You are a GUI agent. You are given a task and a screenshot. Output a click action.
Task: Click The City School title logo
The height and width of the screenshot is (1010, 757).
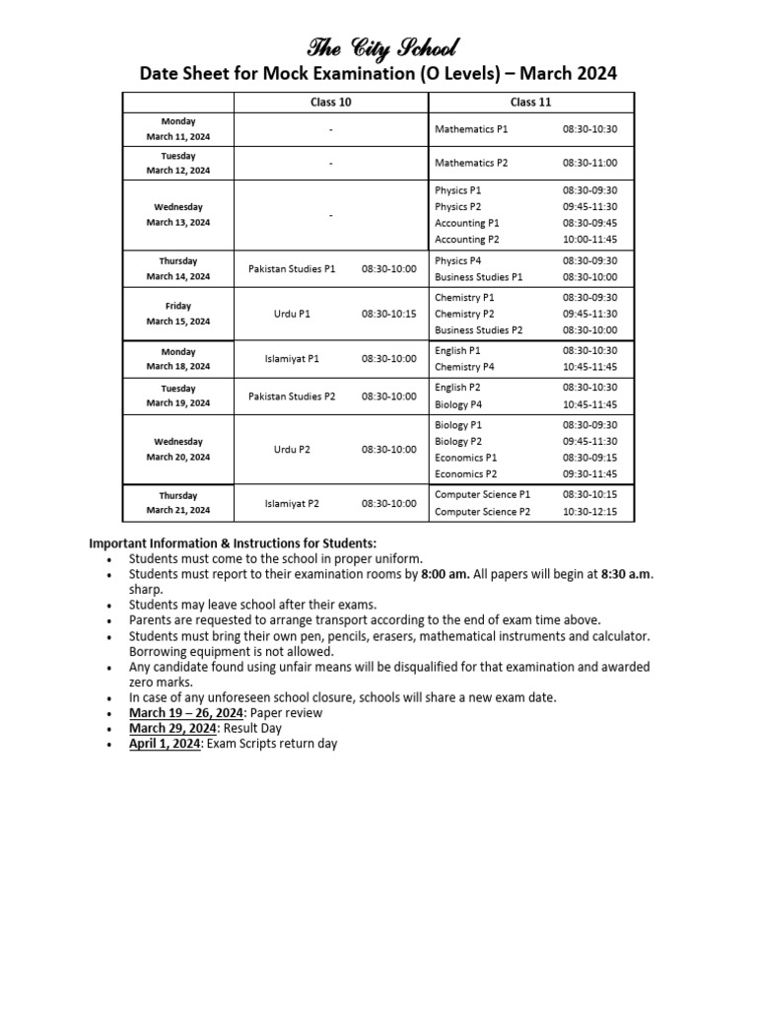[382, 46]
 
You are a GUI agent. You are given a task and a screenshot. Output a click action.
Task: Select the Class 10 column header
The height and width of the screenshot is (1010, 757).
[331, 103]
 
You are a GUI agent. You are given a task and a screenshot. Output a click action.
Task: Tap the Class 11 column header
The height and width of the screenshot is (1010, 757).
[531, 103]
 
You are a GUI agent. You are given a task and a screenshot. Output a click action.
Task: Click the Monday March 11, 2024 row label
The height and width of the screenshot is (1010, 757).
[178, 129]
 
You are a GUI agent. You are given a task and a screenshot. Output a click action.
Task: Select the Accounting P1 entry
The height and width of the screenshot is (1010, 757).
[466, 223]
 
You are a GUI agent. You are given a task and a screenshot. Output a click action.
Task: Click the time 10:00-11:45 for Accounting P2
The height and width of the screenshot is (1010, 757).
[589, 240]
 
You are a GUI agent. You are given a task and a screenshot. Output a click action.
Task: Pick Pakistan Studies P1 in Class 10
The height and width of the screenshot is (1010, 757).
[292, 268]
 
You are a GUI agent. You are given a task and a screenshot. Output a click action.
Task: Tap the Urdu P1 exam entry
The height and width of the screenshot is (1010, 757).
[292, 314]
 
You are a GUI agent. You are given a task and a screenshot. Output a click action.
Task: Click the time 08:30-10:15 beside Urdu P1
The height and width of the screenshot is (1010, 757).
[388, 314]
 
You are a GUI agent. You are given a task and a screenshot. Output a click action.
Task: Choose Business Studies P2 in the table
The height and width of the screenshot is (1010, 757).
[478, 330]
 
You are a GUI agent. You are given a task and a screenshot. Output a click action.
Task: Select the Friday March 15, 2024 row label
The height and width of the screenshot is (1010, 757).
[178, 314]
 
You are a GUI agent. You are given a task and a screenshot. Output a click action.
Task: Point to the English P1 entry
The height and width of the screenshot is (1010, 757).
[457, 350]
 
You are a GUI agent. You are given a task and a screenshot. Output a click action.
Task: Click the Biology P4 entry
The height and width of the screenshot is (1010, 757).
[458, 404]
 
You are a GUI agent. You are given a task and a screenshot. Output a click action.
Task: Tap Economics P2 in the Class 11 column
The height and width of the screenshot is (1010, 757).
[465, 474]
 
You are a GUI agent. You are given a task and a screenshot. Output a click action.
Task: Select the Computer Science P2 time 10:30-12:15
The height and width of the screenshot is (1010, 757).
[589, 512]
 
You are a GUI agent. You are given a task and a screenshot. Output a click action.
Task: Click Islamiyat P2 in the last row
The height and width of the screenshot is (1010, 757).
[292, 504]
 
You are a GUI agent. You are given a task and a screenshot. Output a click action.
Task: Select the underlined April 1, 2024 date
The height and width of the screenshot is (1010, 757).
[165, 744]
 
